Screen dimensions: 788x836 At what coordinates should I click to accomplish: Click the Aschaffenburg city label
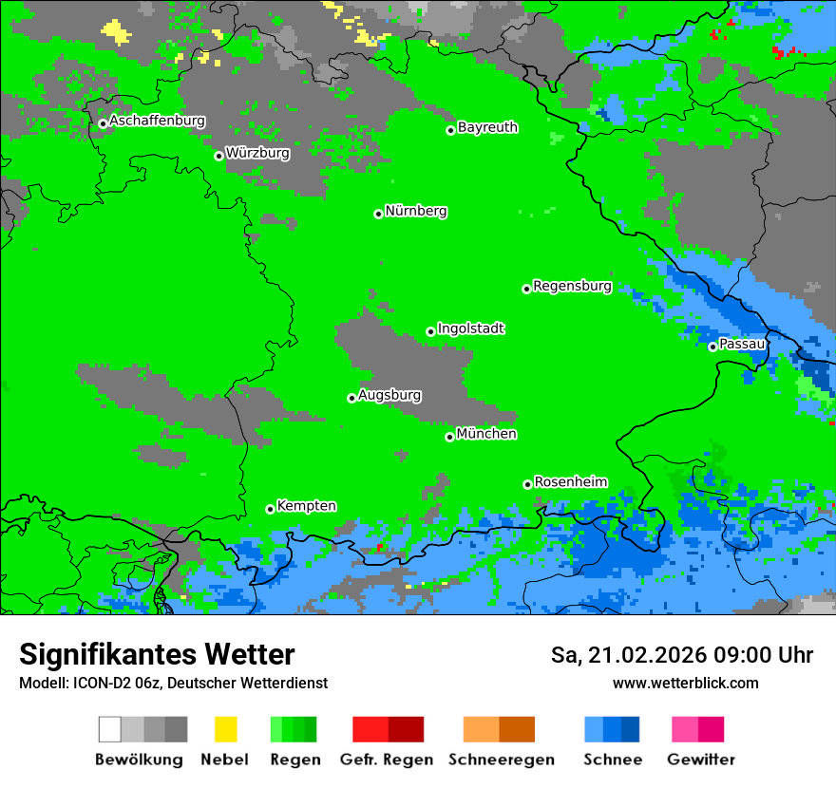click(157, 122)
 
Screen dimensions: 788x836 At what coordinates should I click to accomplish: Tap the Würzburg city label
click(257, 153)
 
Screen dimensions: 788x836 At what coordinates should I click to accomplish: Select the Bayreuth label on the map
click(487, 127)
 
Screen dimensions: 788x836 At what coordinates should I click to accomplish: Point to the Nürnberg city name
click(416, 212)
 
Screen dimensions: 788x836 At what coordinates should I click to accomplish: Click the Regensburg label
click(572, 286)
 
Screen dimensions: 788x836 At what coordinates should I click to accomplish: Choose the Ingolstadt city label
click(470, 329)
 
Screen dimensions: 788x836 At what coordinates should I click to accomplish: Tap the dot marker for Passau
click(712, 347)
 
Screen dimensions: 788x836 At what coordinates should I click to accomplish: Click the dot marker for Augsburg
click(351, 398)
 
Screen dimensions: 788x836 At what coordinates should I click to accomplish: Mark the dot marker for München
click(449, 437)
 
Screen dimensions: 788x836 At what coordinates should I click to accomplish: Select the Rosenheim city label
click(571, 482)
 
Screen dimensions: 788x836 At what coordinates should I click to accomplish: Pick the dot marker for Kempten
click(270, 509)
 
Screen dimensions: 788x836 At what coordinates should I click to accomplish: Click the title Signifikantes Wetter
click(157, 655)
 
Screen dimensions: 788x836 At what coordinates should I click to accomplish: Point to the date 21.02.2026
click(646, 655)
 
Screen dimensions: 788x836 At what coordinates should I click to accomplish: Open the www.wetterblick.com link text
click(685, 684)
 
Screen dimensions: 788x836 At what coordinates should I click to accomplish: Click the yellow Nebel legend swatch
click(225, 729)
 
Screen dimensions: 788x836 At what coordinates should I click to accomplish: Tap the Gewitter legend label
click(700, 760)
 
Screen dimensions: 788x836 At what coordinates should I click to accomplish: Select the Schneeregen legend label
click(501, 760)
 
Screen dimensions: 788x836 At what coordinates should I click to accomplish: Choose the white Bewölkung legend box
click(110, 729)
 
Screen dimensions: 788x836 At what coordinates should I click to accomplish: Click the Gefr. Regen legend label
click(387, 760)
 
